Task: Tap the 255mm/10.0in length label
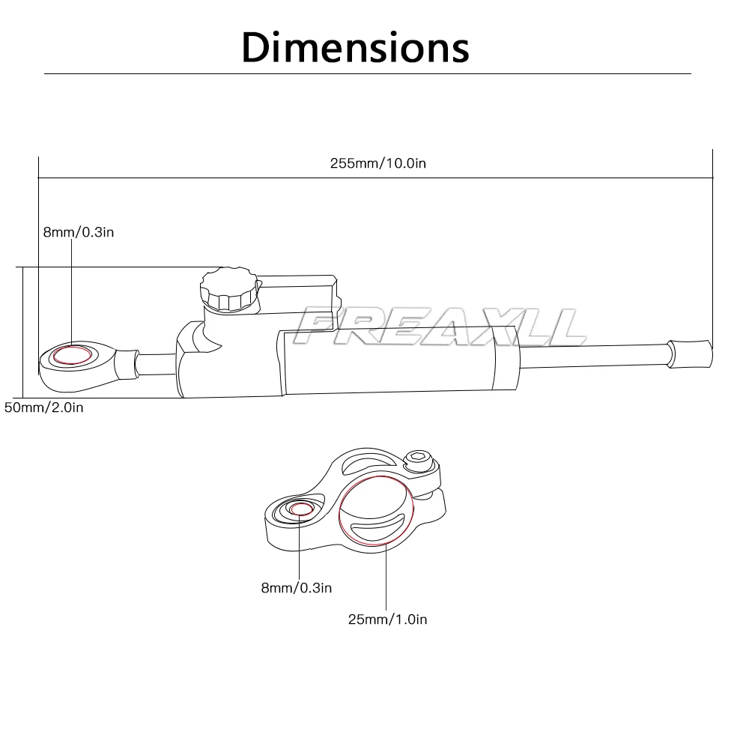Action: pos(377,163)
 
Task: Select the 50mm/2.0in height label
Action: pos(43,407)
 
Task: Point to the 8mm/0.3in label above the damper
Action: pos(78,232)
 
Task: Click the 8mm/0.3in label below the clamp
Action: pos(296,588)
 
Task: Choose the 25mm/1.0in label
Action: pos(387,619)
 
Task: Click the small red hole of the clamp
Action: pos(301,509)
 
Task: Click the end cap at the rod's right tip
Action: pos(689,351)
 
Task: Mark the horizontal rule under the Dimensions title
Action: pos(367,74)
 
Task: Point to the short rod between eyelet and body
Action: pos(156,363)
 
